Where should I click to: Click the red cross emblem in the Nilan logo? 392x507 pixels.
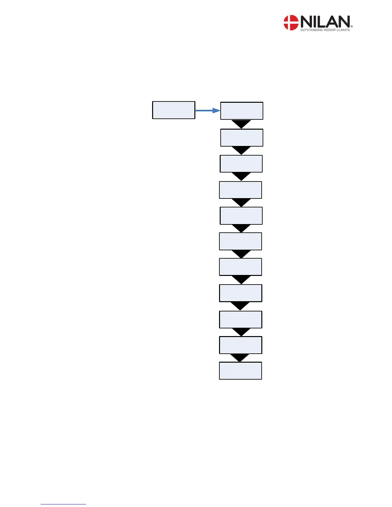tap(291, 23)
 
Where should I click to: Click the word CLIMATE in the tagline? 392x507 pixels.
tap(343, 30)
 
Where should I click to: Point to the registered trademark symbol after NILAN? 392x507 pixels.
tap(352, 27)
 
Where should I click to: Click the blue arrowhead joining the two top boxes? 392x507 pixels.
tap(216, 111)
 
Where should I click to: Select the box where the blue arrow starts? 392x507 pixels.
tap(174, 110)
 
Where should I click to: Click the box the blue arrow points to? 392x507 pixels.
tap(242, 111)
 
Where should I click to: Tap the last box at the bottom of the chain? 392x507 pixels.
tap(241, 371)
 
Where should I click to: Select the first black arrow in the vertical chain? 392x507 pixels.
tap(241, 124)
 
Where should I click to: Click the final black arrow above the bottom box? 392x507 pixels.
tap(240, 358)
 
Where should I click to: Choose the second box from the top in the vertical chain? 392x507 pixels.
tap(242, 138)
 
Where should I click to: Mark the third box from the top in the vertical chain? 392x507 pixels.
tap(241, 164)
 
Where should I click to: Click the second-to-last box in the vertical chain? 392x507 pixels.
tap(241, 345)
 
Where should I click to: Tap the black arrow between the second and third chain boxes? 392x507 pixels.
tap(241, 150)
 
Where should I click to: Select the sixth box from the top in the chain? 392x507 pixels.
tap(241, 241)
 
